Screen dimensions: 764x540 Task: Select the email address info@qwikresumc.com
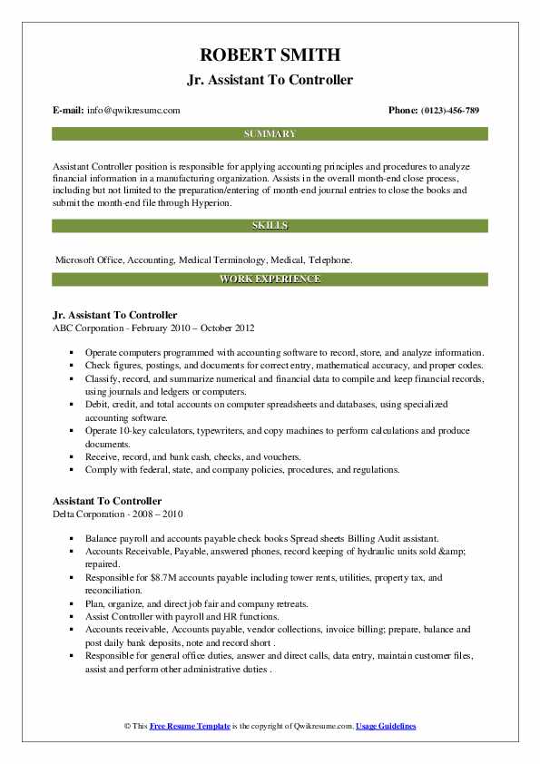(x=133, y=111)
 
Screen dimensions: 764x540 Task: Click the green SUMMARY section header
(x=270, y=134)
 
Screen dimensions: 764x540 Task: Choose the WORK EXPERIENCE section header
(x=270, y=279)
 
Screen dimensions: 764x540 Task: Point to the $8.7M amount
(x=143, y=577)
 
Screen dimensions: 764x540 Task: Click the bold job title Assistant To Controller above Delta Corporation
(x=107, y=501)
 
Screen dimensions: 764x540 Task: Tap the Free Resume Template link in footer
(x=192, y=727)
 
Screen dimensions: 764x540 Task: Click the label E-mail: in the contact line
(x=69, y=111)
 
